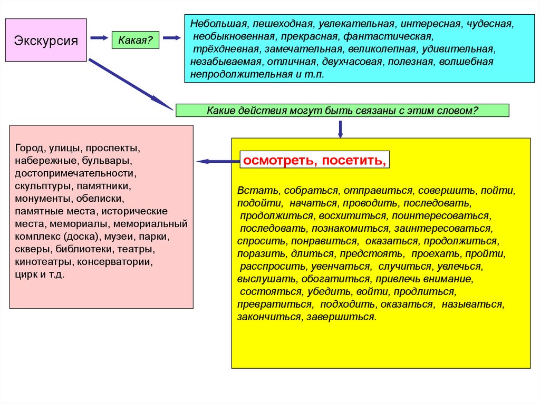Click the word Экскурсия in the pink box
(46, 40)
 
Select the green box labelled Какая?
(135, 40)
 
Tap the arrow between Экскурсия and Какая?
(99, 38)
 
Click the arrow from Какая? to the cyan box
(171, 38)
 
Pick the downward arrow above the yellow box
(340, 129)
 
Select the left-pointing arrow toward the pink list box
(216, 161)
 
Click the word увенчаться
(345, 267)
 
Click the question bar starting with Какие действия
(342, 110)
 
